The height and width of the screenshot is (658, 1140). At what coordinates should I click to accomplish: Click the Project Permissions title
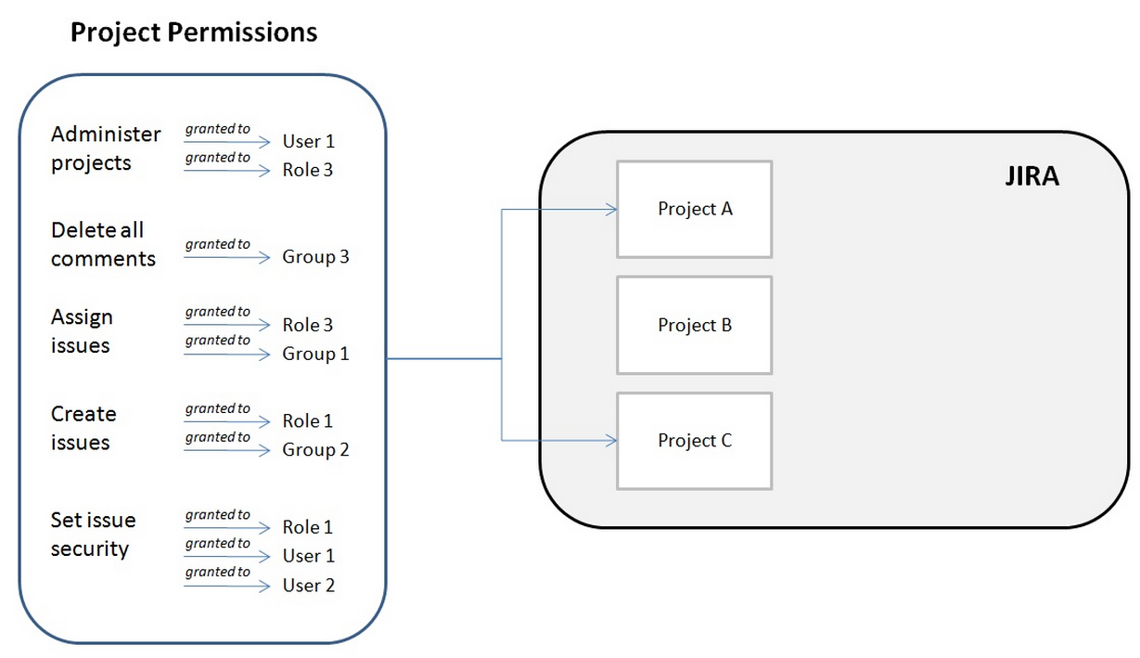point(194,32)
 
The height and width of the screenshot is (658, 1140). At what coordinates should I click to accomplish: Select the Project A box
point(694,209)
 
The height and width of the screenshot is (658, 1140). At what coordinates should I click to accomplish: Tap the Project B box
point(694,325)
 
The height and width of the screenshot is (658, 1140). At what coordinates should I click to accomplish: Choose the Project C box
point(694,441)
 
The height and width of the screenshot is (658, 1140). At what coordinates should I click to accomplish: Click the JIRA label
point(1031,176)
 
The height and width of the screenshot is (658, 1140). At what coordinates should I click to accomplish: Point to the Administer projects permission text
point(105,148)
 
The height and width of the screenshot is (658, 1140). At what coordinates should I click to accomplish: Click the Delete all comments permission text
point(102,244)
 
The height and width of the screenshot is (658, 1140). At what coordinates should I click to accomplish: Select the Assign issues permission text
point(82,331)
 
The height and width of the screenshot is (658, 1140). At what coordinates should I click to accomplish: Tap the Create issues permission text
point(83,428)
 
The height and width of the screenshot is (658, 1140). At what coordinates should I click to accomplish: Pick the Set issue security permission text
point(93,535)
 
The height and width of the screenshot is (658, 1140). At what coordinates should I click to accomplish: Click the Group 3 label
point(315,257)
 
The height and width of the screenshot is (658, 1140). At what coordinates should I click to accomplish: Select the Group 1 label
point(315,354)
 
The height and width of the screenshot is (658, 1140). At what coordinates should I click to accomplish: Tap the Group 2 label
point(315,450)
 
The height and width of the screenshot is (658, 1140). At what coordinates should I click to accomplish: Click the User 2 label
point(308,586)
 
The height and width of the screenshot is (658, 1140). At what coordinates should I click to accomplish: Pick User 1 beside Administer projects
point(308,141)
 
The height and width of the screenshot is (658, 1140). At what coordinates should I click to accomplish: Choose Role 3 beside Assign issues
point(307,325)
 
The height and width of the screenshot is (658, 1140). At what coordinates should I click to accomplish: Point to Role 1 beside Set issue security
point(307,527)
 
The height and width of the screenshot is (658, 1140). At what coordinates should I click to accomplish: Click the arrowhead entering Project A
point(611,210)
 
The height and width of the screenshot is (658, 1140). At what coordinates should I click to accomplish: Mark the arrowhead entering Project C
point(611,441)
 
